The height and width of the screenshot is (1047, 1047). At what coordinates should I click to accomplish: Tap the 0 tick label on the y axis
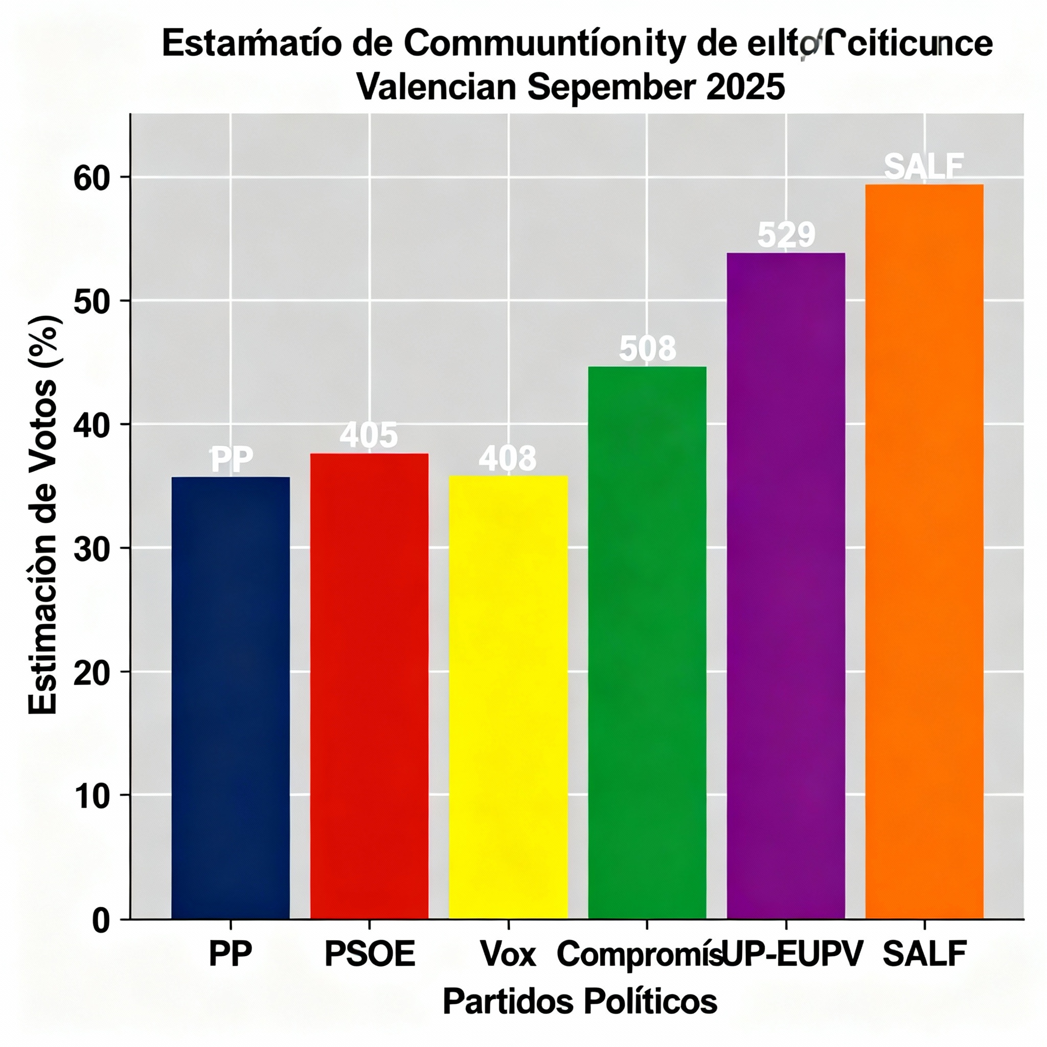[101, 921]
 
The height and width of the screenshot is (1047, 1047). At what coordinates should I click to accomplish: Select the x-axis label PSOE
[370, 969]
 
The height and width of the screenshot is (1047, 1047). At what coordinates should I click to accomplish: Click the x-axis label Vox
[508, 969]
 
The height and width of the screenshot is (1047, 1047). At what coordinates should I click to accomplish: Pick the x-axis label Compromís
[640, 969]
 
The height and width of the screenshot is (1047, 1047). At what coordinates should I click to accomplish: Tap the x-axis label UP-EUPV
[792, 969]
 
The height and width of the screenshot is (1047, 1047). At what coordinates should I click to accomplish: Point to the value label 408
[507, 458]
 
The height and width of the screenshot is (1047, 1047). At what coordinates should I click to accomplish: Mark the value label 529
[786, 235]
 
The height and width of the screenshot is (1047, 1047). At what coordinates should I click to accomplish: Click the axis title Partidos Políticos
[580, 1016]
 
